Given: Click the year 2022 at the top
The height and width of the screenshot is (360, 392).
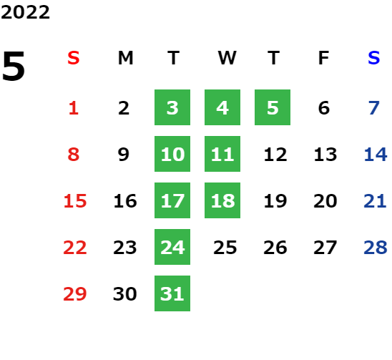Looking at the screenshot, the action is coord(25,12).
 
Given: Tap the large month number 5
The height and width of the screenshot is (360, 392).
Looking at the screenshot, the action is coord(14,66).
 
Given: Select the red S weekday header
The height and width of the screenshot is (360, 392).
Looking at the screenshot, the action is coord(73,58).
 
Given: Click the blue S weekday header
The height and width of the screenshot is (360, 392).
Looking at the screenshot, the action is coord(373,58).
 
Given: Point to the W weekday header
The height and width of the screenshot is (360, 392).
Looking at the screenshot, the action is coord(227,58).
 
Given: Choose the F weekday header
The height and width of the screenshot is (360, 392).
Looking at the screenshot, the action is coord(324,58).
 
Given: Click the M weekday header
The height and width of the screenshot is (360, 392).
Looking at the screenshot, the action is coord(125,58).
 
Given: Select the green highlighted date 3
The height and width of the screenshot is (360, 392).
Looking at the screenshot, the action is coord(172,107).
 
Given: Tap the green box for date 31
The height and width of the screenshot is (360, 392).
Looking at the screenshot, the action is coord(172,293).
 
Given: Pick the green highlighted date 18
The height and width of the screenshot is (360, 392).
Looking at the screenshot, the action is coord(222,200).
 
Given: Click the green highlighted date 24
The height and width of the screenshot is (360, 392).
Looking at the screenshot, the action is coord(172,247).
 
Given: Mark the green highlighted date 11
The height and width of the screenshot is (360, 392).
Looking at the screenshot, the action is coord(222,154).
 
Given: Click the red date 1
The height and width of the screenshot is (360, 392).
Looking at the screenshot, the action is coord(74,108).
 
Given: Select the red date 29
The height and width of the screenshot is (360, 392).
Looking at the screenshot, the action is coord(75,293).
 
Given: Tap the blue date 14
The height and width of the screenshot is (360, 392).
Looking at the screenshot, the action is coord(376,155).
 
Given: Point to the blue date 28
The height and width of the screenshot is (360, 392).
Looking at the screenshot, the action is coord(376,248).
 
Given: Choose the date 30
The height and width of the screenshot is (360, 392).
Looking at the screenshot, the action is coord(125,293).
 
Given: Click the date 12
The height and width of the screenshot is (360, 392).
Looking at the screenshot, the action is coord(275,155).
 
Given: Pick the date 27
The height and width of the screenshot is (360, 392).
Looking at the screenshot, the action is coord(325,248).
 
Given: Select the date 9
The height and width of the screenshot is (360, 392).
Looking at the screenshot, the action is coord(124,155).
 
